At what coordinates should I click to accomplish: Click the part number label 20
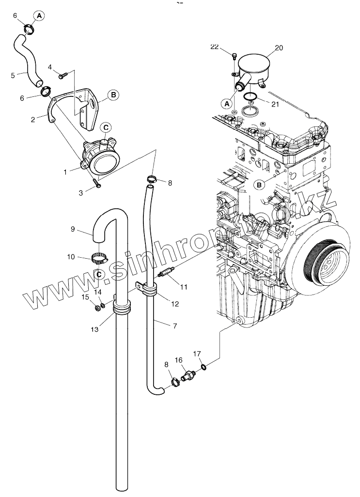(279, 48)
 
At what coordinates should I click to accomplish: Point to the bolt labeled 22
(234, 57)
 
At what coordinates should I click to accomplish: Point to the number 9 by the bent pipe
(73, 230)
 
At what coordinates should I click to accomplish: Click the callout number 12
(174, 304)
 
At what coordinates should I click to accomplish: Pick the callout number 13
(94, 329)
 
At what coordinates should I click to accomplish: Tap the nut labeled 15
(96, 307)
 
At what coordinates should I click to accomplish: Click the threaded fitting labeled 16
(188, 375)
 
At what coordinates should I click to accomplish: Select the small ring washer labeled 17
(204, 367)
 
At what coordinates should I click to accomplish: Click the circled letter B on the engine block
(259, 185)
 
